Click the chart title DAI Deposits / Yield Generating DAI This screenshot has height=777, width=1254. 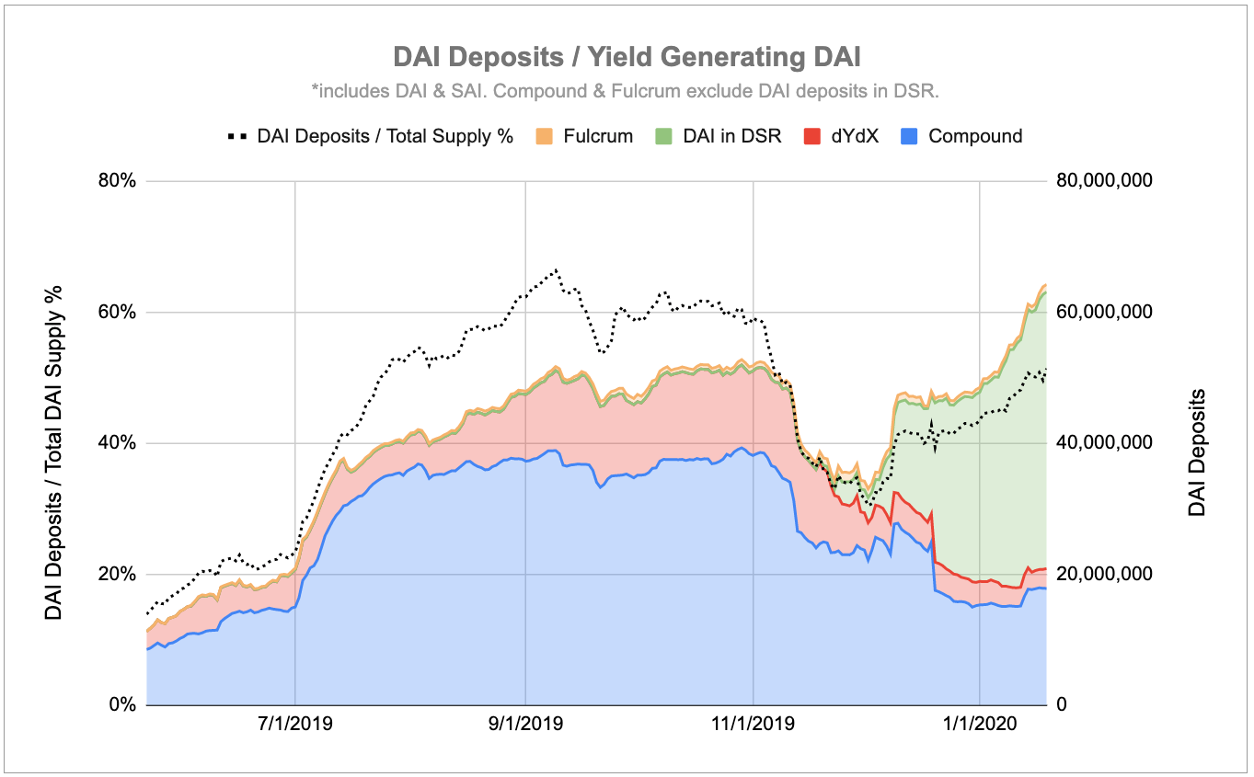click(x=627, y=57)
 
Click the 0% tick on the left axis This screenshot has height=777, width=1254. click(x=121, y=705)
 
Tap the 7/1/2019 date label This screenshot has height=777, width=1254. click(x=294, y=725)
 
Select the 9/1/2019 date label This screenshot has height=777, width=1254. click(x=524, y=725)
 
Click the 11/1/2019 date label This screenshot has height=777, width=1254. click(x=753, y=725)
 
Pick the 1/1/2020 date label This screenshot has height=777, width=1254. click(x=981, y=725)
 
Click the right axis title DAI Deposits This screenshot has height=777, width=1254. click(x=1196, y=451)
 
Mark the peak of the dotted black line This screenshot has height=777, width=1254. click(x=555, y=270)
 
